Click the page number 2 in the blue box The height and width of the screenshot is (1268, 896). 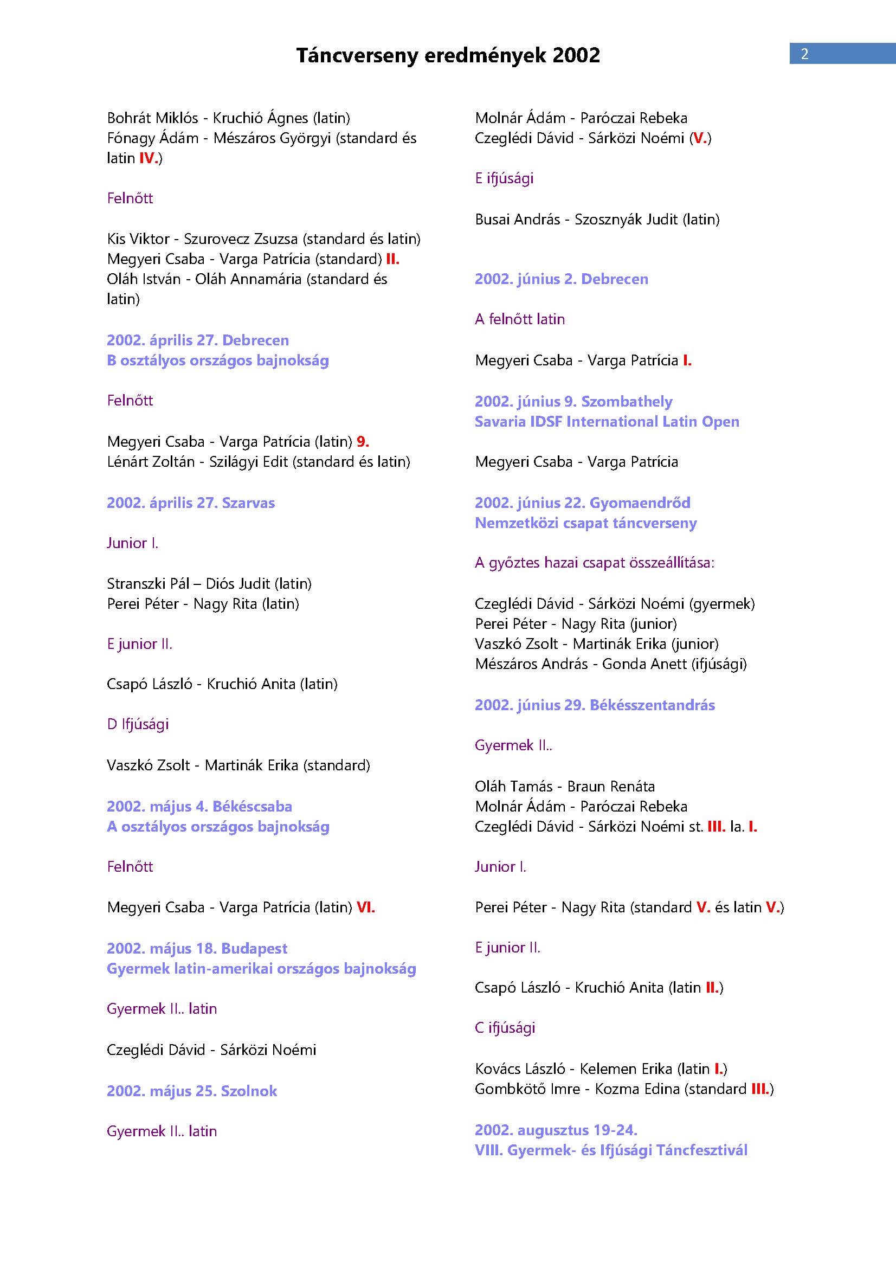click(804, 54)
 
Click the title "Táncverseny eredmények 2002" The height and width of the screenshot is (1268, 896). click(448, 55)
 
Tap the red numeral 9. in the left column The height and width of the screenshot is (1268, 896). click(363, 442)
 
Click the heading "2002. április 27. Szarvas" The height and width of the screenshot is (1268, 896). click(190, 503)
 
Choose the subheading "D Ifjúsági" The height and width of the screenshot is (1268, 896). click(138, 724)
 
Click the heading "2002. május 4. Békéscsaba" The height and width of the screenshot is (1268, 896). click(199, 806)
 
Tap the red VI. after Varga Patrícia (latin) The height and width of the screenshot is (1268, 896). click(365, 907)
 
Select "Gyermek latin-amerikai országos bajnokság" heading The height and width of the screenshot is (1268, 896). click(261, 969)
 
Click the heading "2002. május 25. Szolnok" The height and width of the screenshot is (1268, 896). click(191, 1091)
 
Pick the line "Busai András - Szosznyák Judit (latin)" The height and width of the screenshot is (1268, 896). click(597, 219)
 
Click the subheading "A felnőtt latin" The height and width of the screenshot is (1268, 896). click(519, 319)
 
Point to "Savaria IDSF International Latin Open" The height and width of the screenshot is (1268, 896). click(607, 422)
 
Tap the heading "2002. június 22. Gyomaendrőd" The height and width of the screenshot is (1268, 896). click(583, 503)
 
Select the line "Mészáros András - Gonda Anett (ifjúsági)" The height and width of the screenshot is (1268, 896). click(610, 664)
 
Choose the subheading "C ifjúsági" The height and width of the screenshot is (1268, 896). click(505, 1028)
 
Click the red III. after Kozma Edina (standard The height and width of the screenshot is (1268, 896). click(759, 1089)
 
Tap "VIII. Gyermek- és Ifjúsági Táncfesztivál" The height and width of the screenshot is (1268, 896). click(610, 1150)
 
